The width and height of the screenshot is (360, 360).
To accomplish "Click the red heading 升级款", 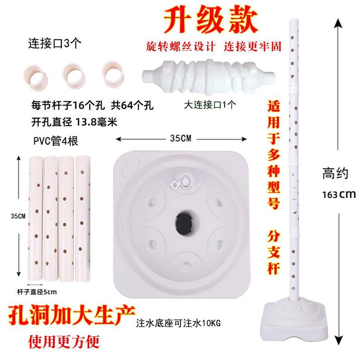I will coord(210,19).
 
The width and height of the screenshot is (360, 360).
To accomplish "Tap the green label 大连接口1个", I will coord(211,104).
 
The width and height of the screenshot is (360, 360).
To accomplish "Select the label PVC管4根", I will coord(56,141).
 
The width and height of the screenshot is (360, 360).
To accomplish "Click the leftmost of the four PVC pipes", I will coord(36,216).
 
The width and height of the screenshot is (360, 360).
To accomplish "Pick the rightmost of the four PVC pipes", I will coord(83,216).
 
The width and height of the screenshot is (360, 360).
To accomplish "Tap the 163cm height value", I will coord(339,194).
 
